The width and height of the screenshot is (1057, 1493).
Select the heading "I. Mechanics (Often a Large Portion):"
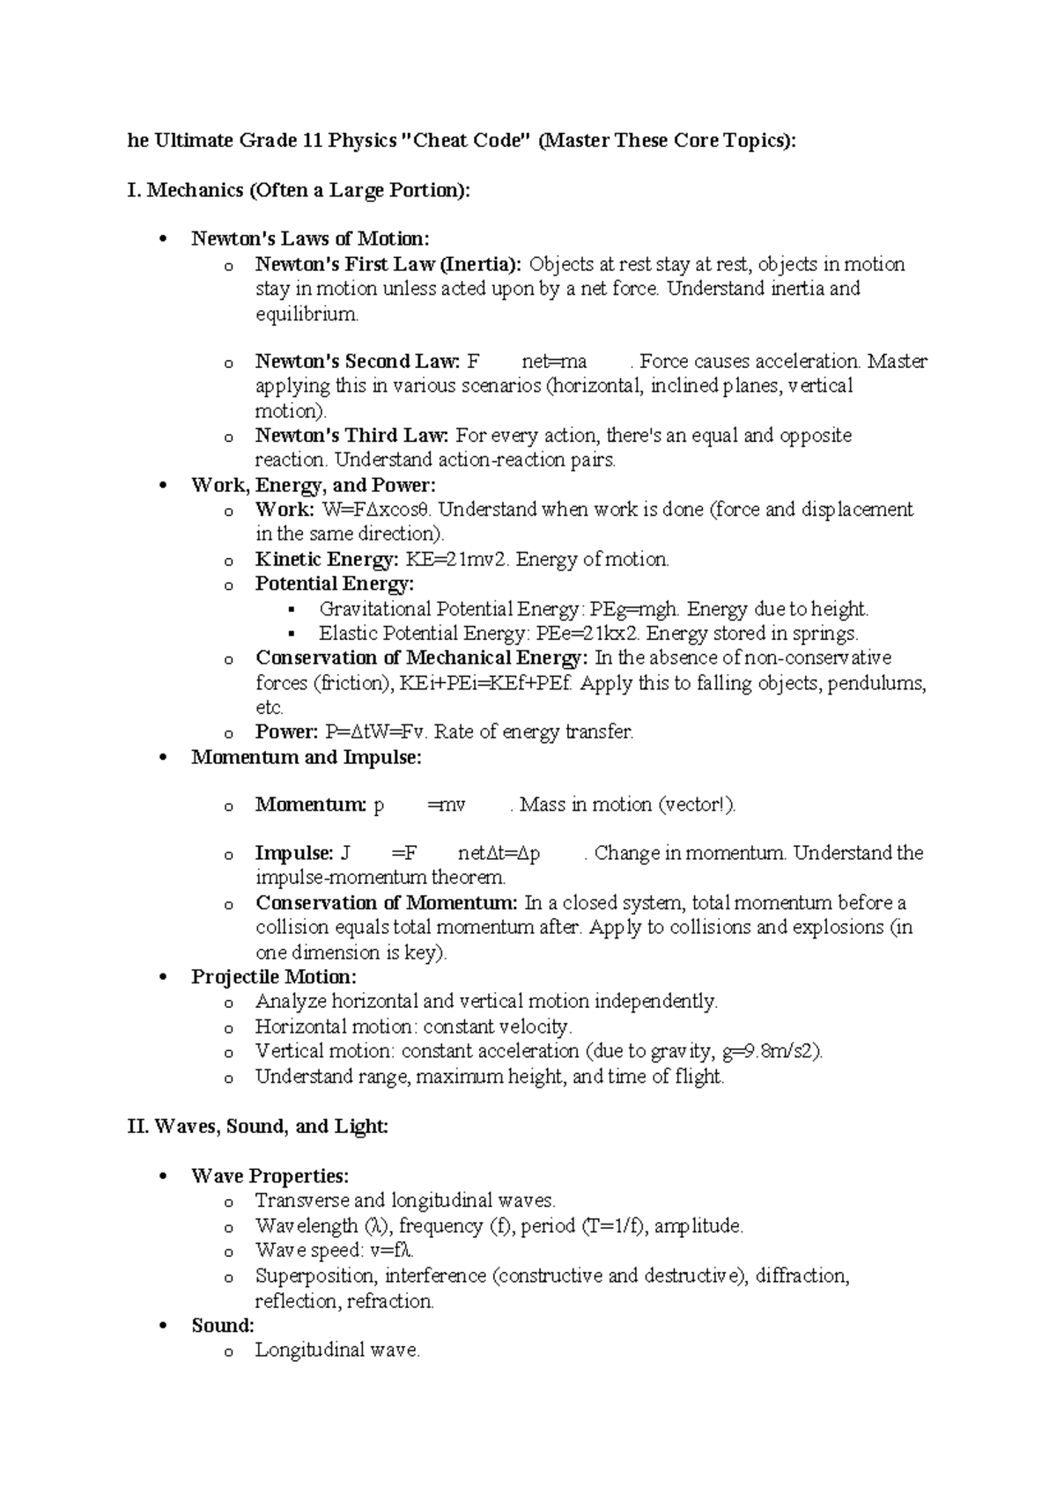coord(299,190)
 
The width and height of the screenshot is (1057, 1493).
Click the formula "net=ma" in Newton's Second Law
coord(554,361)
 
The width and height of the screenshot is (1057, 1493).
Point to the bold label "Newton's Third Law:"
coord(352,435)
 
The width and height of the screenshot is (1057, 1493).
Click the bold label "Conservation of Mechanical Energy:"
coord(421,658)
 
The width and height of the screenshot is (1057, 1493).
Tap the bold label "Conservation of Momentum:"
coord(387,902)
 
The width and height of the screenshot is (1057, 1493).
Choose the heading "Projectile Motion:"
coord(274,976)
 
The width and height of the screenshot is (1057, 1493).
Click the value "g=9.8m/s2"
coord(770,1051)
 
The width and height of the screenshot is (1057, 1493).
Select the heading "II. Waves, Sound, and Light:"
coord(258,1126)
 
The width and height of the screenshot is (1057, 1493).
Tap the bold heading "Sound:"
coord(223,1325)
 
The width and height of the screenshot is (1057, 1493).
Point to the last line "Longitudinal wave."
coord(337,1350)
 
